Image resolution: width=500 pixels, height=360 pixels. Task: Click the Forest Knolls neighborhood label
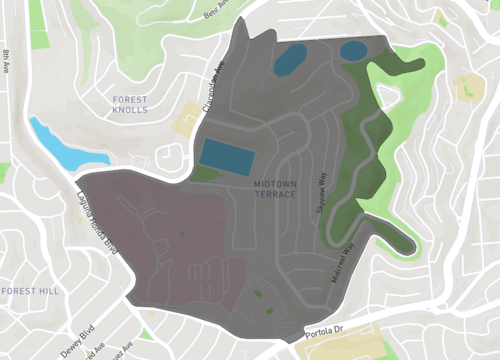pyautogui.click(x=131, y=105)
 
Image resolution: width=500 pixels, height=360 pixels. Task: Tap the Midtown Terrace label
pyautogui.click(x=275, y=189)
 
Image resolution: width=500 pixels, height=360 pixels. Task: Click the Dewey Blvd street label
pyautogui.click(x=77, y=340)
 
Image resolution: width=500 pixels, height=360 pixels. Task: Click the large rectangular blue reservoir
pyautogui.click(x=227, y=155)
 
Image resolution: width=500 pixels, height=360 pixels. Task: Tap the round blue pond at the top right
pyautogui.click(x=353, y=51)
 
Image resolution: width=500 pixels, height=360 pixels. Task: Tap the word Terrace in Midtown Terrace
pyautogui.click(x=275, y=194)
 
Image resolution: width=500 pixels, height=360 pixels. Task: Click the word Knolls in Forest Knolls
pyautogui.click(x=131, y=110)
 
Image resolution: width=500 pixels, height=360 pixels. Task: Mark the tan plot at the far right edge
pyautogui.click(x=471, y=87)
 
